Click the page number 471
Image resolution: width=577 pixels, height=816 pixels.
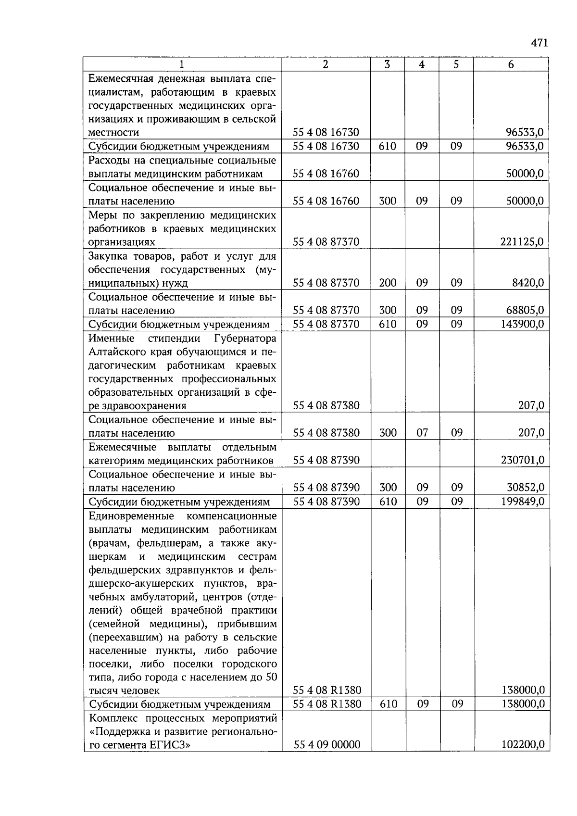point(539,43)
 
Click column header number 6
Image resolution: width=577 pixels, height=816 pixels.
point(511,64)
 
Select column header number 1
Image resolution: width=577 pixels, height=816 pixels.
point(182,64)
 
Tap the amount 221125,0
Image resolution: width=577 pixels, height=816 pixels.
point(522,242)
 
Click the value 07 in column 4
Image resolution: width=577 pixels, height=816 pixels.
point(422,433)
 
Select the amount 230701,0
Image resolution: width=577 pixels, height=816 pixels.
point(522,460)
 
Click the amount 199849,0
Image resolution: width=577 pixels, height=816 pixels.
point(522,502)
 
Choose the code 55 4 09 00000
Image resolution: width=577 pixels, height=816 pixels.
point(326,745)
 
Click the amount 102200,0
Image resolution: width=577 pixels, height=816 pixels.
point(523,745)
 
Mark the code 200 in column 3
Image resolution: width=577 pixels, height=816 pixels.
point(388,283)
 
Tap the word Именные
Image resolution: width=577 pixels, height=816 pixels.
point(112,338)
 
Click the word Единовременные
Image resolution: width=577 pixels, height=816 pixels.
point(131,516)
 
